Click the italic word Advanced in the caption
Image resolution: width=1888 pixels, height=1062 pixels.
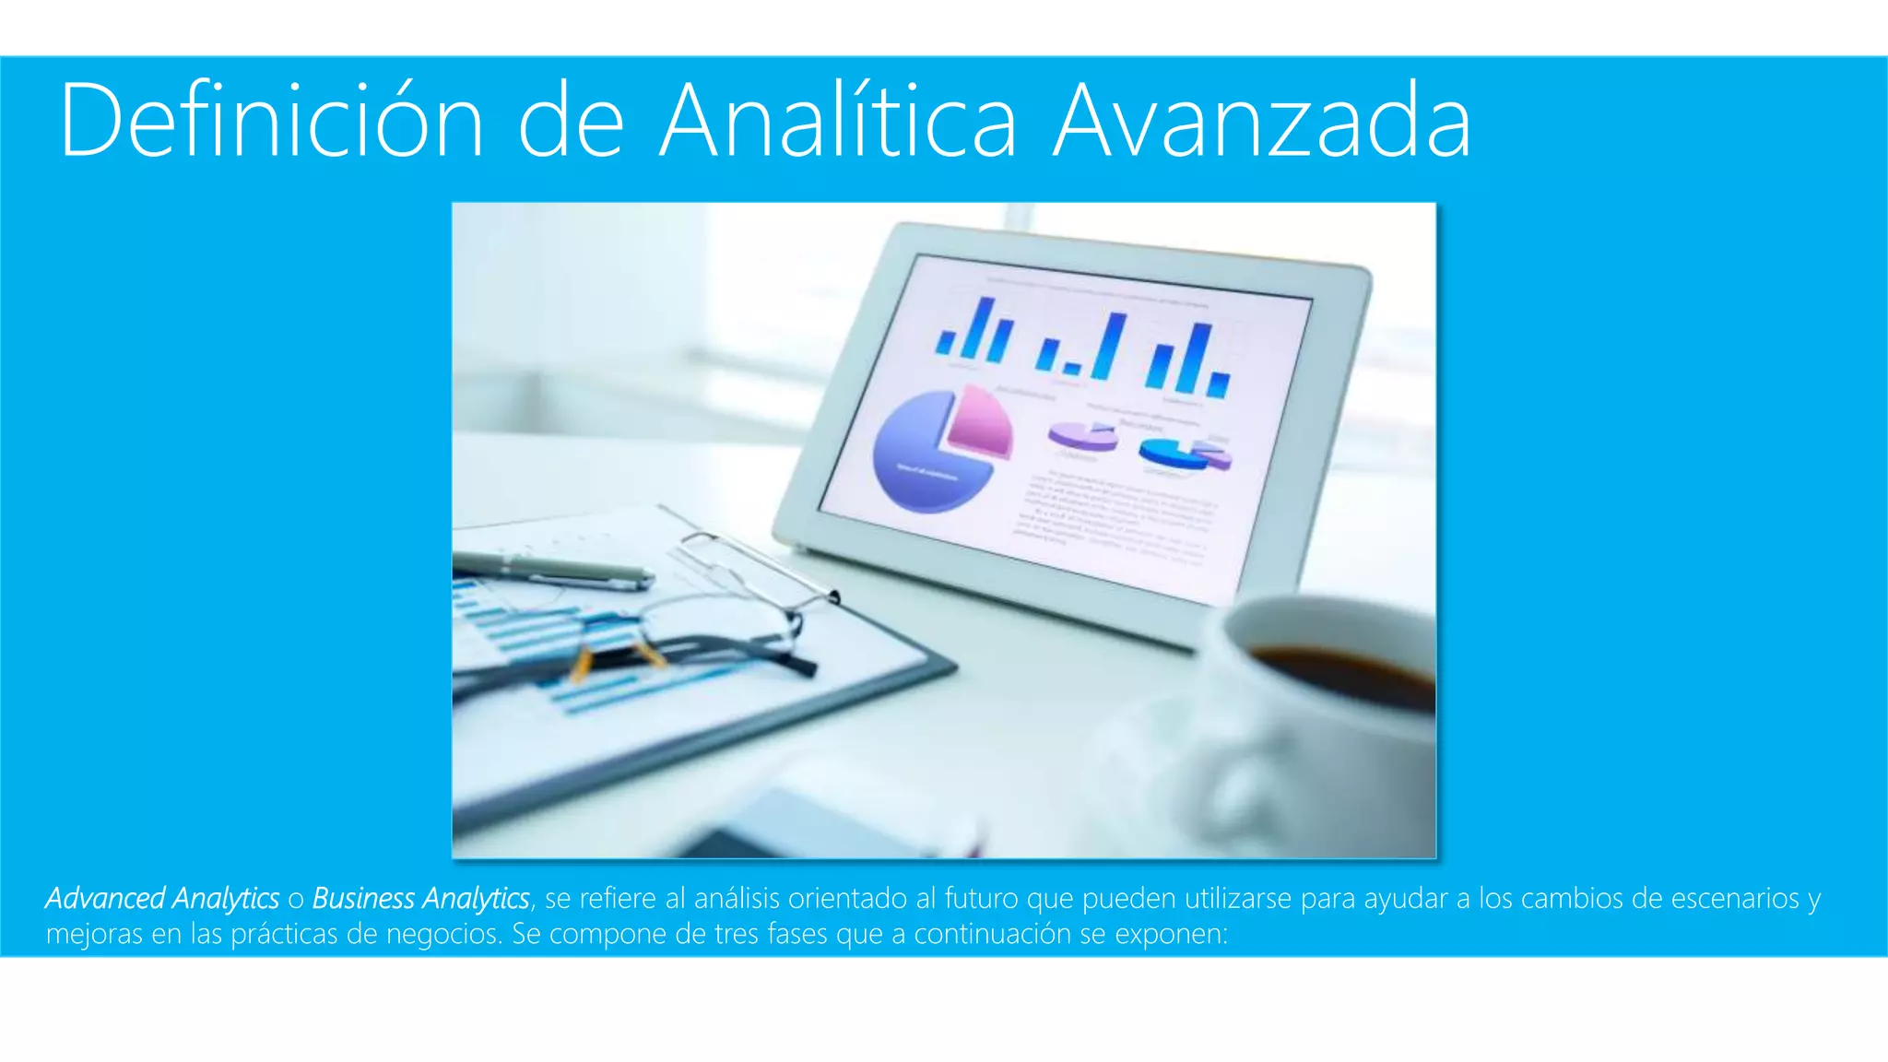coord(105,898)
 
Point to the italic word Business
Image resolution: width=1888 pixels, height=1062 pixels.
coord(363,898)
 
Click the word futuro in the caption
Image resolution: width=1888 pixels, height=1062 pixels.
coord(981,898)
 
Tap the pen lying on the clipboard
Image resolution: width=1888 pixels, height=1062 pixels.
coord(553,570)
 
